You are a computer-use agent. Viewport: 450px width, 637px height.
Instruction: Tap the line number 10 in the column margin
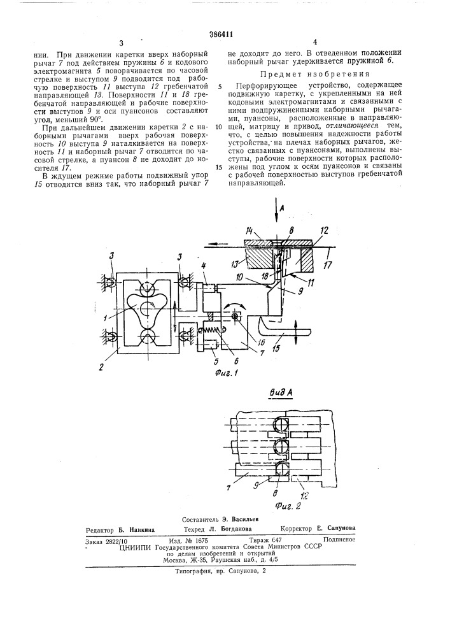(219, 127)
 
